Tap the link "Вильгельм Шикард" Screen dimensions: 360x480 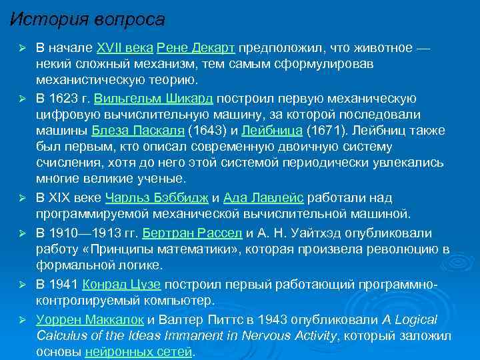(154, 99)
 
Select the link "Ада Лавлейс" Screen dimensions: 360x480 (264, 199)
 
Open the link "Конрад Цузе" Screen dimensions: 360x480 (121, 284)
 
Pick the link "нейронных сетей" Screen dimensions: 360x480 (139, 351)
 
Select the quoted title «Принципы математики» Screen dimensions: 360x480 (151, 249)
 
